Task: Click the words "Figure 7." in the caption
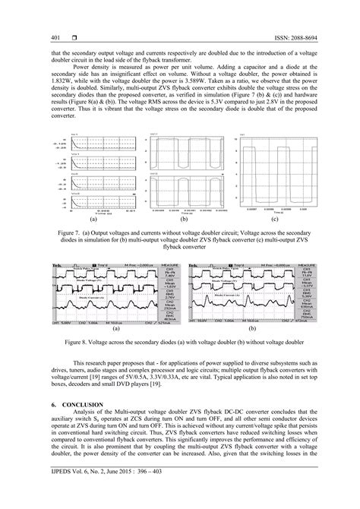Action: (83, 233)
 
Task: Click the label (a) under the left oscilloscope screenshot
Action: (115, 329)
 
